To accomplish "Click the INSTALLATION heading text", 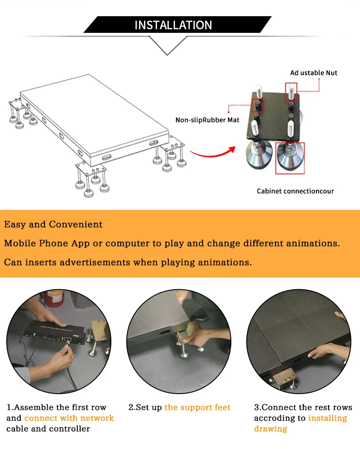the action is (x=173, y=25).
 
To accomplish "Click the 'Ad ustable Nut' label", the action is (x=314, y=73).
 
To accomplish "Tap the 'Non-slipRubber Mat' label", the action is (x=207, y=120).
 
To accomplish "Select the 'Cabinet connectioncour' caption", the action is (x=295, y=191).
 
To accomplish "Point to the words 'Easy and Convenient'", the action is (x=53, y=224).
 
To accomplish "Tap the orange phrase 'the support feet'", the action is (x=198, y=407).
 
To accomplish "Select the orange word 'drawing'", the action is (x=270, y=429).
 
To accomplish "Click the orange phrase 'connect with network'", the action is (x=69, y=418).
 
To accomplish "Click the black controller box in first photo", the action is (x=54, y=333).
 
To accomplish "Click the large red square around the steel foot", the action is (x=290, y=158).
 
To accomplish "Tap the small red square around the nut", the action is (x=257, y=105).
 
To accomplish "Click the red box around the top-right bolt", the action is (x=291, y=92).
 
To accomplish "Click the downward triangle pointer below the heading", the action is (x=167, y=46).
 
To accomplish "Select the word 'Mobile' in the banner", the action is (x=20, y=243).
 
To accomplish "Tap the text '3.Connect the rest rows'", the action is (x=303, y=407).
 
